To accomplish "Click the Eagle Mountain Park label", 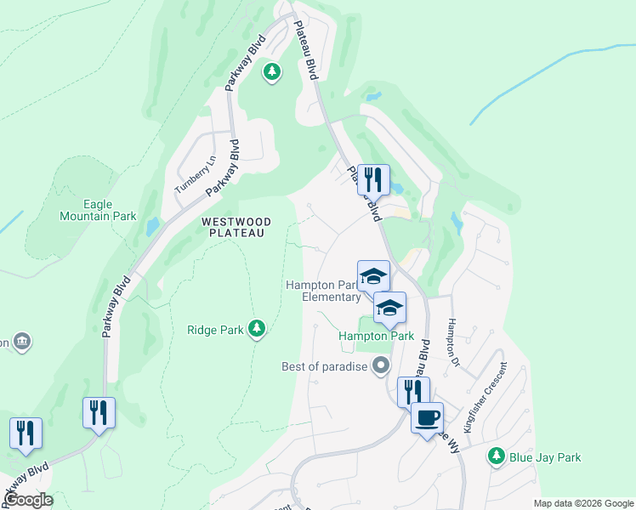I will (x=98, y=210).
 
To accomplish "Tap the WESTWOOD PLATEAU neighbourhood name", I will (x=236, y=228).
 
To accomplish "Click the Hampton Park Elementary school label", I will (x=323, y=291).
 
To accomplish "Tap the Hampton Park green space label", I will (x=376, y=336).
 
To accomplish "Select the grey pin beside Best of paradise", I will (x=381, y=366).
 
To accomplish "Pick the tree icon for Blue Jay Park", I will (x=496, y=457).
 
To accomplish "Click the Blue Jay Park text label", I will (x=545, y=457).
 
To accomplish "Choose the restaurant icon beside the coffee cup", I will (x=412, y=391).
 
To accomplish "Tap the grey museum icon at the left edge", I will (x=22, y=342).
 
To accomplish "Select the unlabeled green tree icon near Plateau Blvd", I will (x=272, y=72).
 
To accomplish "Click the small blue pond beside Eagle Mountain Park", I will (x=152, y=227).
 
